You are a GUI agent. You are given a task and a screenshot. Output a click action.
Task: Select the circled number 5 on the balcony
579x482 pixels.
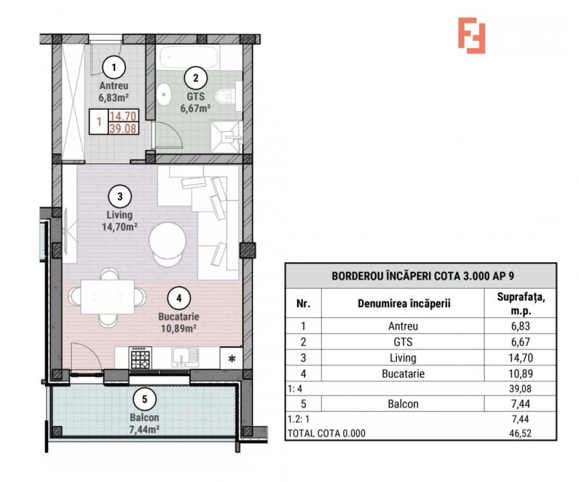pos(144,399)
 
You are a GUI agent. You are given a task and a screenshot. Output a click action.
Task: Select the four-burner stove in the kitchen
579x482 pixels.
pos(140,357)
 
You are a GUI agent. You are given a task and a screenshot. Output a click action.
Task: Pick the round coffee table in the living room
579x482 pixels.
pos(168,242)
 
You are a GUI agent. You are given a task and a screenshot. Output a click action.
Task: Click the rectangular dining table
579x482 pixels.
pos(107,296)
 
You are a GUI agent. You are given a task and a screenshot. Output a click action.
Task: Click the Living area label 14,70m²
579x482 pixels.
pos(119,227)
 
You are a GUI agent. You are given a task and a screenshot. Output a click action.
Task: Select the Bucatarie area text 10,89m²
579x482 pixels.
pos(179,327)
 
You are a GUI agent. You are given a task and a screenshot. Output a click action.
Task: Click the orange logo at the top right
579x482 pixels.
pos(471,35)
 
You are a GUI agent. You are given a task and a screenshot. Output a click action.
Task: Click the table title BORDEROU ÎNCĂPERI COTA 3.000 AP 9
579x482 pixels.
pos(420,276)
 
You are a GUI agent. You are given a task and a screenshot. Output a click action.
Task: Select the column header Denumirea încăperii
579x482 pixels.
pos(403,304)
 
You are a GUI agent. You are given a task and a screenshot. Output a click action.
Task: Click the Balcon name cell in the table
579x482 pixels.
pos(403,404)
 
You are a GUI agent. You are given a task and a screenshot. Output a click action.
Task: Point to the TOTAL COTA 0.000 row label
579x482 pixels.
pos(327,433)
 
